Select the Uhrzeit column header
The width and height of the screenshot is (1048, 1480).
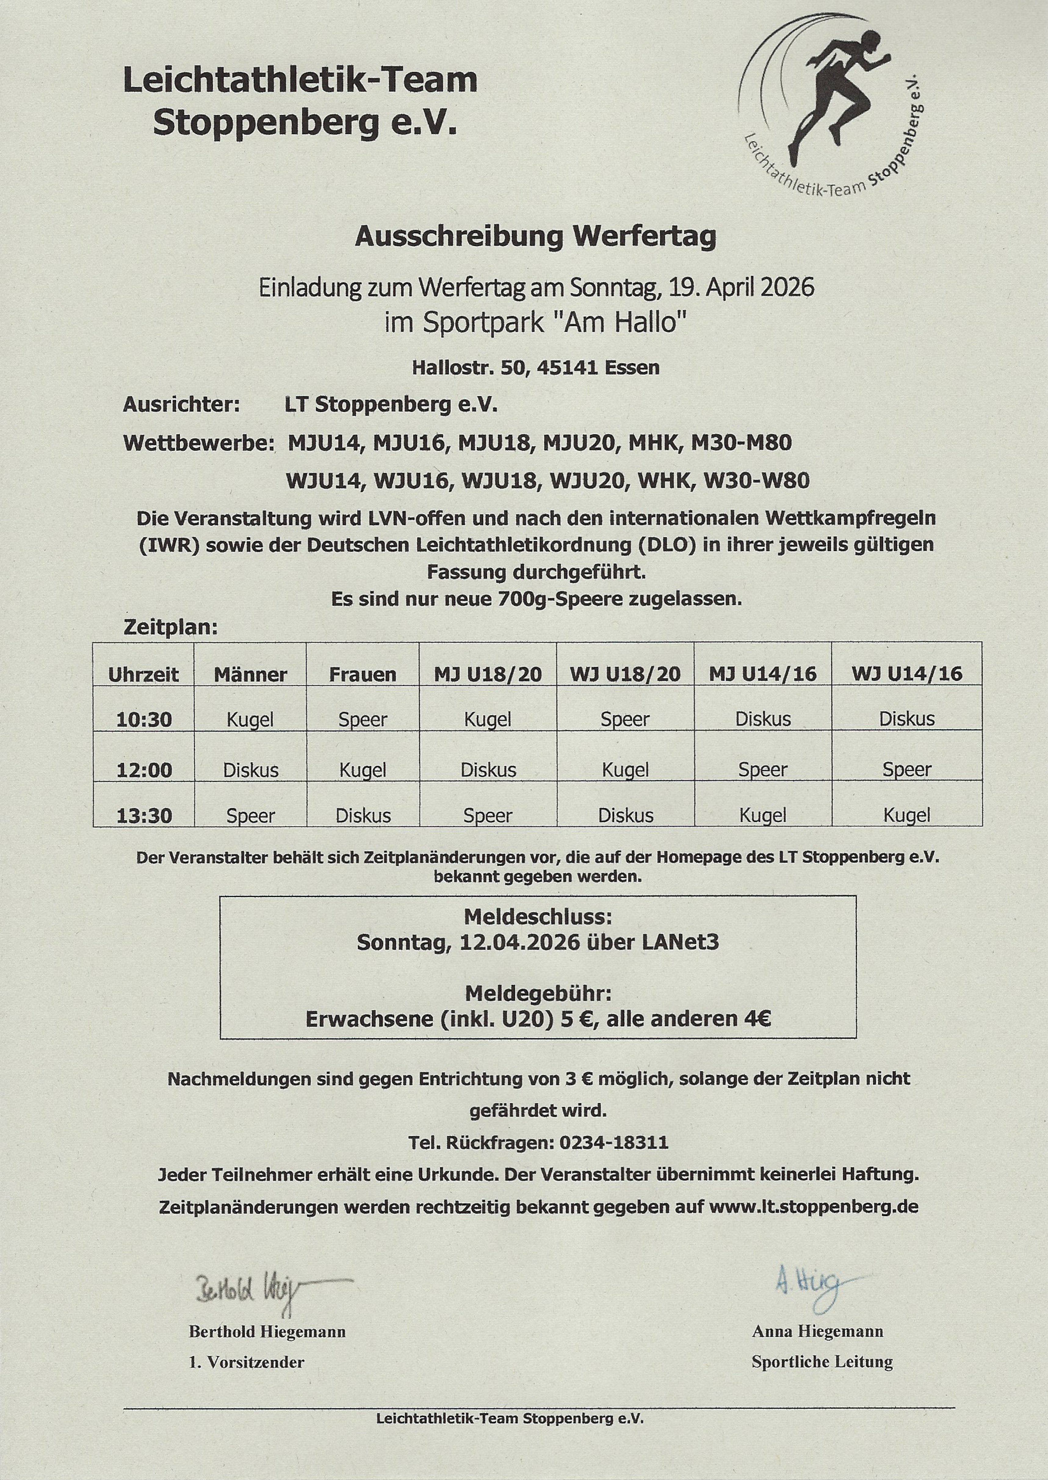pyautogui.click(x=143, y=674)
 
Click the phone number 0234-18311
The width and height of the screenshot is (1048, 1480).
pyautogui.click(x=614, y=1142)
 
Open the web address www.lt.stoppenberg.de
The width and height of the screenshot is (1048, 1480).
pyautogui.click(x=813, y=1206)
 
